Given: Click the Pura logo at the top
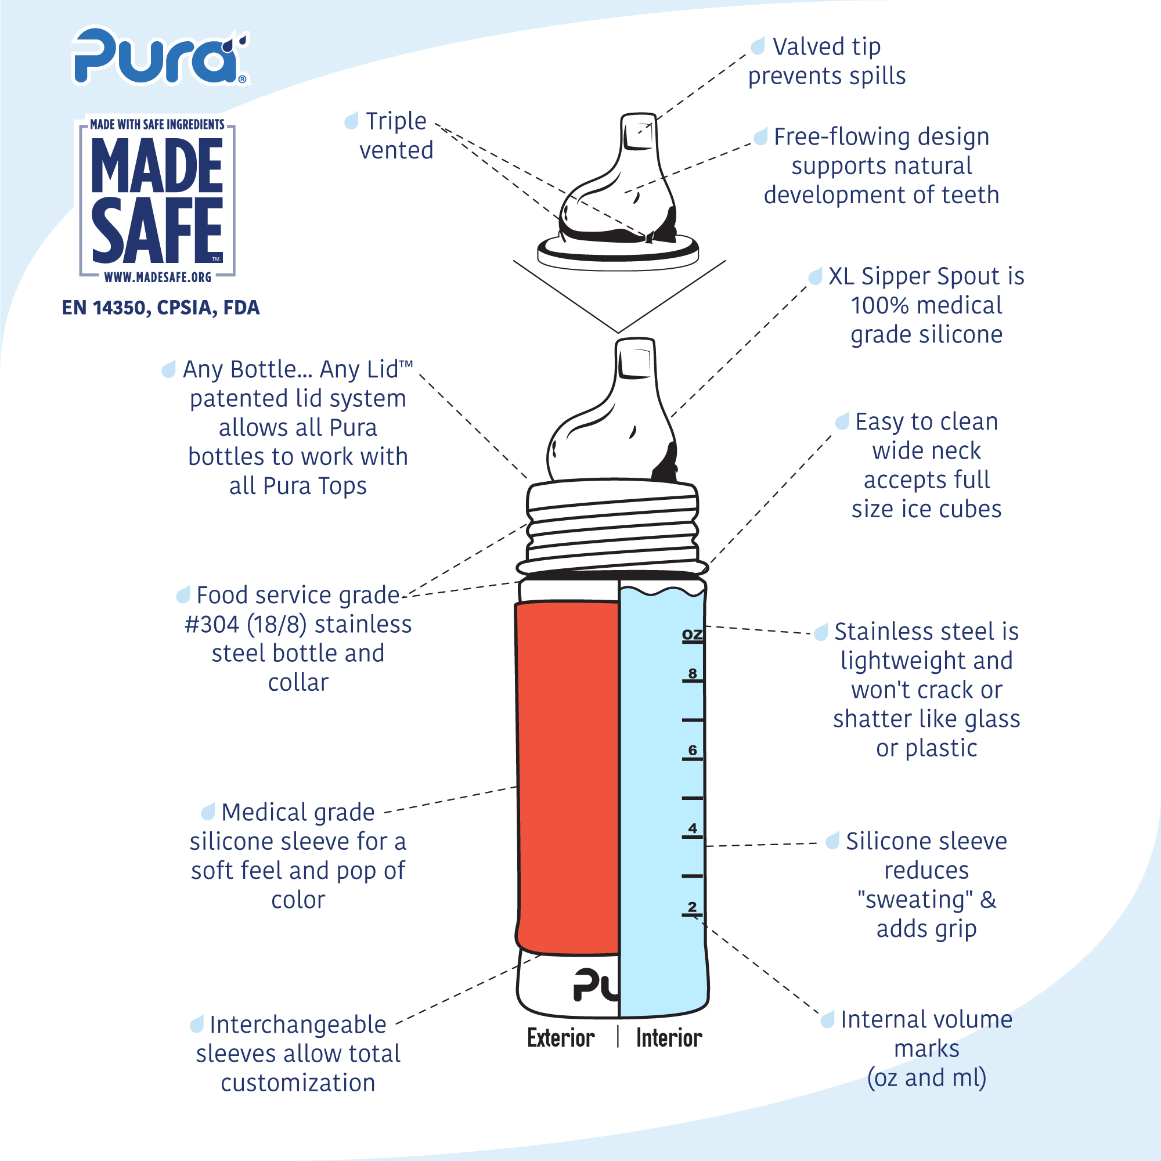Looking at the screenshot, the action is (160, 56).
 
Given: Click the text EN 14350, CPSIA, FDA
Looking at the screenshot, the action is (161, 308).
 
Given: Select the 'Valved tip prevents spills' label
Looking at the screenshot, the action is (827, 62).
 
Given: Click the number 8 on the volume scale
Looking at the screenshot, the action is (693, 673).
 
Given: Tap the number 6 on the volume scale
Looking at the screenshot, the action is (693, 750).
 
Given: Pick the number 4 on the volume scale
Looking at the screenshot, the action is (693, 828).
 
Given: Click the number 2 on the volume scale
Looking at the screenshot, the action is (693, 906).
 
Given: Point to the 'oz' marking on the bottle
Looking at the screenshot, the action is (693, 634).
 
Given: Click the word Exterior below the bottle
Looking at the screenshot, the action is (561, 1038).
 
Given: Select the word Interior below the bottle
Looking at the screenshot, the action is (669, 1038).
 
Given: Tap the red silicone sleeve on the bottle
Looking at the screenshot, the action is (567, 778).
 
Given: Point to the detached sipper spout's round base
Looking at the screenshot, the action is (618, 253).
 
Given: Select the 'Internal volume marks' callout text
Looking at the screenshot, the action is (926, 1048).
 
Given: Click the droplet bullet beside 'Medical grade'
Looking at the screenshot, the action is (208, 812).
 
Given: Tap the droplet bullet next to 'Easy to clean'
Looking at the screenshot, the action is (842, 421).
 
